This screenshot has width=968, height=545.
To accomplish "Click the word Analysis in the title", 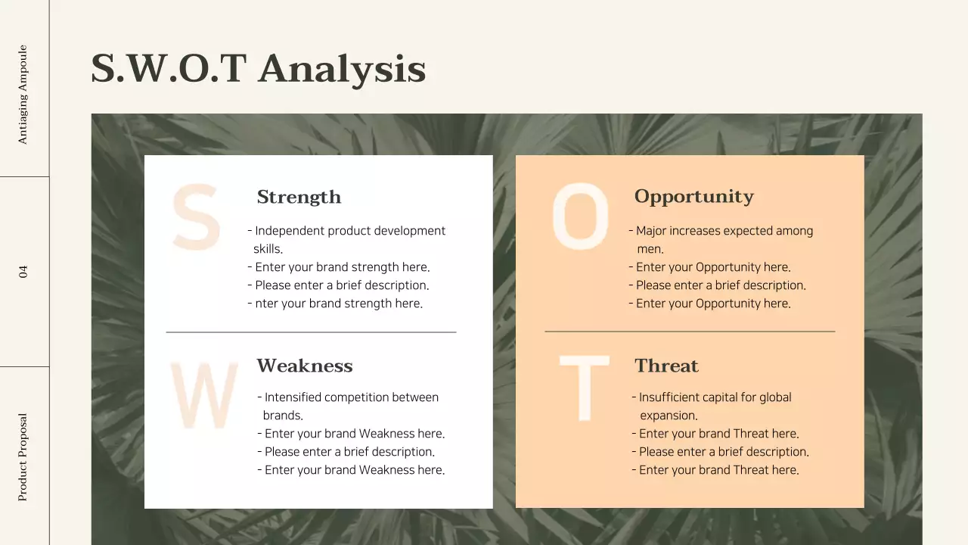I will pyautogui.click(x=341, y=68).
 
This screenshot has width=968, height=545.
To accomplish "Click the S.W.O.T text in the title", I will pyautogui.click(x=169, y=68).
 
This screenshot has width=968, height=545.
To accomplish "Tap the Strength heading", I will pyautogui.click(x=299, y=197).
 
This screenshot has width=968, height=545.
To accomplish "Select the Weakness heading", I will pyautogui.click(x=304, y=366).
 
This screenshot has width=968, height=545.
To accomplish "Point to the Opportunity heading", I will pyautogui.click(x=693, y=197).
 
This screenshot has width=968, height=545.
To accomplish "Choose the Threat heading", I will pyautogui.click(x=666, y=366).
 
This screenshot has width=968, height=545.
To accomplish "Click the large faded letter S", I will pyautogui.click(x=196, y=219).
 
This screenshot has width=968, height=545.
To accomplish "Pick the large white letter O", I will pyautogui.click(x=580, y=217).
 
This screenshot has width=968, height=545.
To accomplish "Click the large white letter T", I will pyautogui.click(x=584, y=388).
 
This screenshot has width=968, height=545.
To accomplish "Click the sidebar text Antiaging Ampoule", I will pyautogui.click(x=23, y=95).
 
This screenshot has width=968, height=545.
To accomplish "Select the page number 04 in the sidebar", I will pyautogui.click(x=23, y=271).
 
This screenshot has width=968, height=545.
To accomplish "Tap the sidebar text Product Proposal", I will pyautogui.click(x=23, y=456).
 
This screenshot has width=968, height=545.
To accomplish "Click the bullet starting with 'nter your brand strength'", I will pyautogui.click(x=338, y=304).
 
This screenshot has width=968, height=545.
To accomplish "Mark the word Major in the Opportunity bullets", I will pyautogui.click(x=651, y=231).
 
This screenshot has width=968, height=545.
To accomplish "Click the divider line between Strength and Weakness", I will pyautogui.click(x=311, y=332).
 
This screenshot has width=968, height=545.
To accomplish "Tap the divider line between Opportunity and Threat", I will pyautogui.click(x=690, y=332).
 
